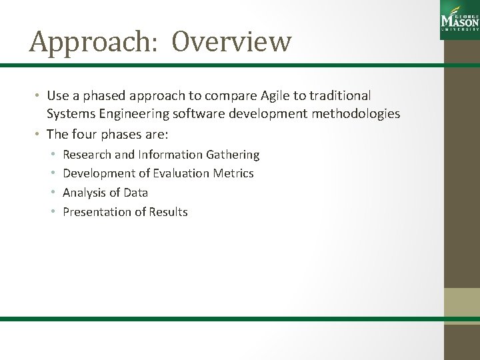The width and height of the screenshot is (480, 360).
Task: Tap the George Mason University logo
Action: coord(459,21)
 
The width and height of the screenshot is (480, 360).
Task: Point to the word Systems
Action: coord(68,113)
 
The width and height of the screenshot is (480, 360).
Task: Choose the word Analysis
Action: coord(83,193)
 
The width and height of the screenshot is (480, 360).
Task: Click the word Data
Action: coord(135,193)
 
